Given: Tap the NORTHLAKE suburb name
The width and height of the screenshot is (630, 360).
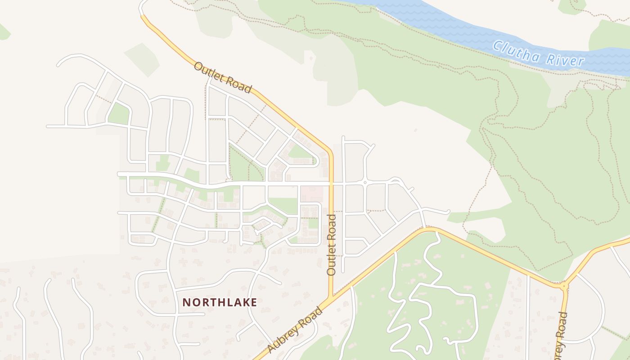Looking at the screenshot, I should coord(220,302).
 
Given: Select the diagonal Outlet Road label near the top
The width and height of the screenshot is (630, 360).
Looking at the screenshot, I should coord(222,78).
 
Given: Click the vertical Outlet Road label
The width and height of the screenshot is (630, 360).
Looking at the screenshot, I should coord(332,245).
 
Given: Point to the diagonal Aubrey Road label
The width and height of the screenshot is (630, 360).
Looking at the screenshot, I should coord(295,330).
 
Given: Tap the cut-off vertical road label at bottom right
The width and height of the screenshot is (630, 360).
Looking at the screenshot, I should coord(561,335).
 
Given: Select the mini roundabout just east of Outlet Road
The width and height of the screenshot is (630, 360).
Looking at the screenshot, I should coord(364,183).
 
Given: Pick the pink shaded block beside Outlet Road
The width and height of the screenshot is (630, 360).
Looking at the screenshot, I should coord(311,194).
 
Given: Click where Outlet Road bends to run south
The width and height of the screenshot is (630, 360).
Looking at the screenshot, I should coord(331,151).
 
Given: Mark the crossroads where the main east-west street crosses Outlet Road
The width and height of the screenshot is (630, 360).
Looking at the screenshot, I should coord(332,184).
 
